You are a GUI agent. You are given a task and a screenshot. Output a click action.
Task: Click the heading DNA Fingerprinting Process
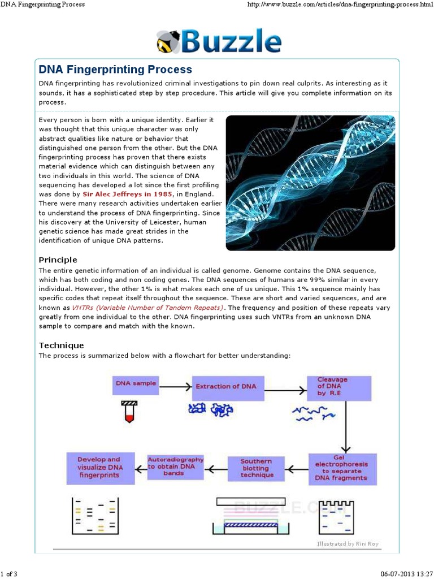pos(115,70)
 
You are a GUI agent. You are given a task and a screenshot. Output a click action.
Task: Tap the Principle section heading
pos(58,260)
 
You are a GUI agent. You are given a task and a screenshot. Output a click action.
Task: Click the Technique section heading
pos(61,345)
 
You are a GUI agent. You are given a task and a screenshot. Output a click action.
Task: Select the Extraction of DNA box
pos(225,387)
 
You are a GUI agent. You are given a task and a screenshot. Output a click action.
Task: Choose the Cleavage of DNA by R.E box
pos(339,387)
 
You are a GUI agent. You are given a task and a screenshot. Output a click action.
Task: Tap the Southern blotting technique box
pos(257,468)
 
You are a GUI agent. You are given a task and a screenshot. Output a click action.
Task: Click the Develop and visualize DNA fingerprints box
pos(99,468)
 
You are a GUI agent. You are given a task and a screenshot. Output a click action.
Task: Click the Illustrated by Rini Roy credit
pos(348,543)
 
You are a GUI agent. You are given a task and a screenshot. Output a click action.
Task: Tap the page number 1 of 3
pos(9,574)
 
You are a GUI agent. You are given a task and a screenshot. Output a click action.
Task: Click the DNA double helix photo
pos(310,183)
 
